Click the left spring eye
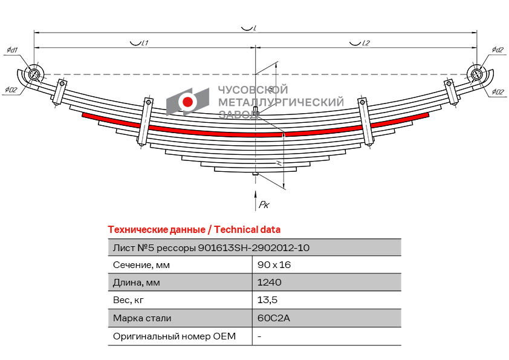[x=34, y=74]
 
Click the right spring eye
[x=476, y=75]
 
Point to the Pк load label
[x=264, y=205]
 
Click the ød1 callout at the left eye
[x=12, y=50]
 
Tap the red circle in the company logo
[x=188, y=102]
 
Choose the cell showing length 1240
[x=269, y=283]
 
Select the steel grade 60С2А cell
[x=274, y=318]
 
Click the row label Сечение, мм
[x=141, y=265]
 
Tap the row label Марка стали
[x=142, y=318]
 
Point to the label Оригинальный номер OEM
[x=174, y=336]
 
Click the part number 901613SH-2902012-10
[x=254, y=247]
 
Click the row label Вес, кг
[x=128, y=300]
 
